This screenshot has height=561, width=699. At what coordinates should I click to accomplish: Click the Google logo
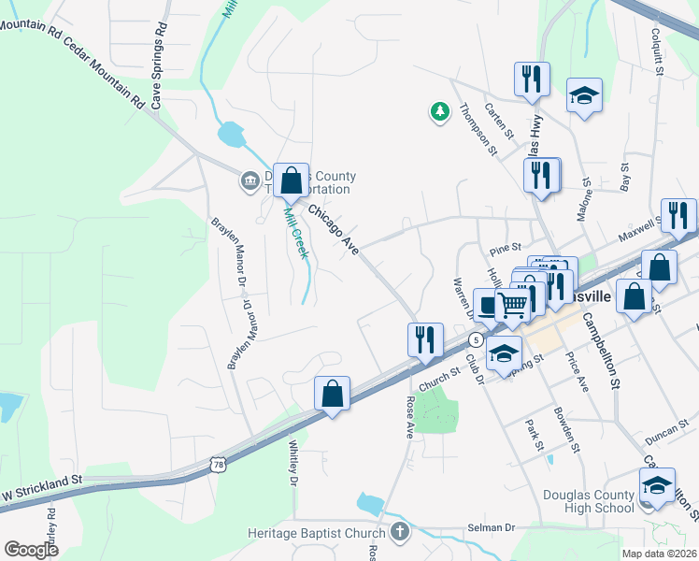[x=32, y=550]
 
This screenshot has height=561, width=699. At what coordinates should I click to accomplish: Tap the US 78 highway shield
[x=218, y=464]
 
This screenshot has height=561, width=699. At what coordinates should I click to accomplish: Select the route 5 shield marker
[x=476, y=337]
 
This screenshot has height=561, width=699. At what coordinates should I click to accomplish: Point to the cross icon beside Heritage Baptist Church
[x=399, y=533]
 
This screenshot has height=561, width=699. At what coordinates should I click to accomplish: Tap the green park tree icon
[x=439, y=112]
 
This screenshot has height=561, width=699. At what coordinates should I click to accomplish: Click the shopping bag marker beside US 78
[x=332, y=395]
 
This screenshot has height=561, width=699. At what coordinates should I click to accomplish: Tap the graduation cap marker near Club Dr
[x=504, y=355]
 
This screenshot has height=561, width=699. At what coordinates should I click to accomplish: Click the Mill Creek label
[x=295, y=232]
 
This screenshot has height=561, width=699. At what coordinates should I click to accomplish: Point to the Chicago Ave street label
[x=335, y=230]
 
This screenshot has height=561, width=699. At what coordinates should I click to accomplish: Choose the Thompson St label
[x=478, y=129]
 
